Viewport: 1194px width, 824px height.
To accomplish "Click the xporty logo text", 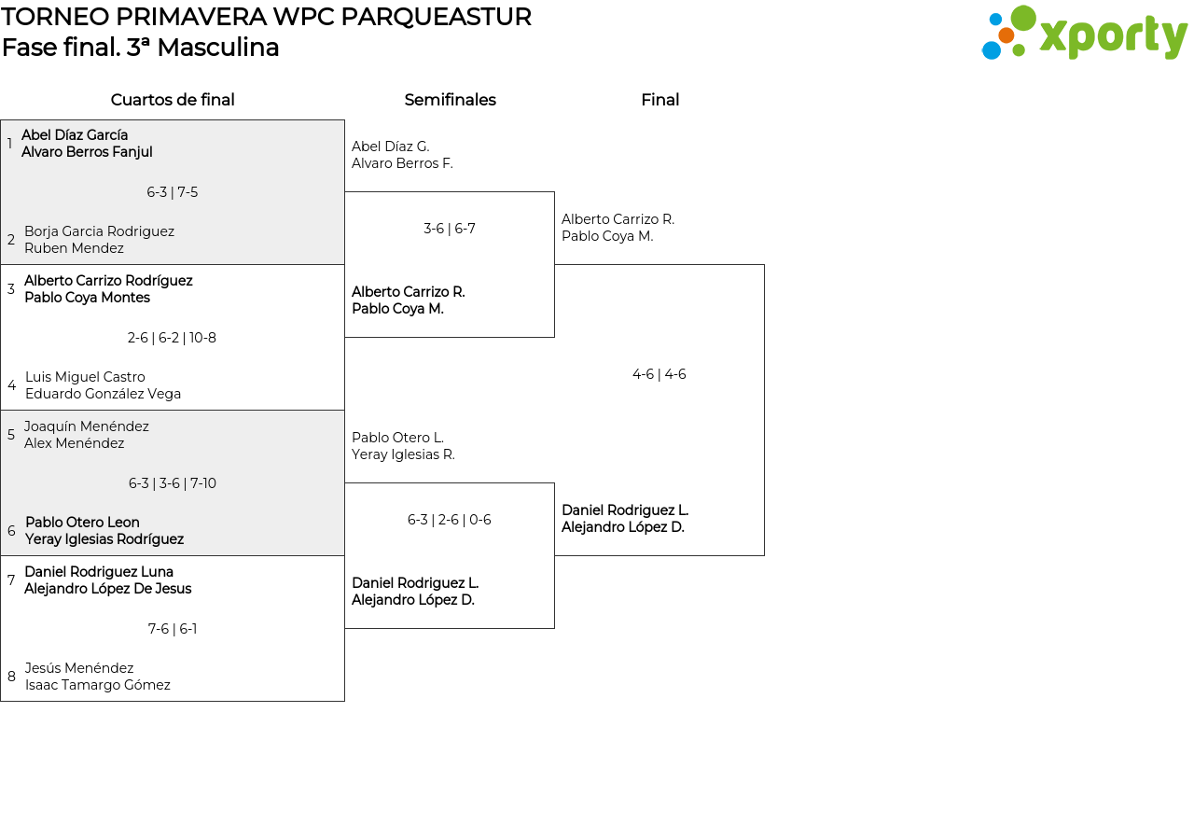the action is [x=1113, y=36].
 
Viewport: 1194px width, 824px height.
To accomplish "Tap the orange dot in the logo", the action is [x=1006, y=35].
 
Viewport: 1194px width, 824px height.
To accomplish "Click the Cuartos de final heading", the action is [x=173, y=100].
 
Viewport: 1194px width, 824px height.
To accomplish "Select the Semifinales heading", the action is [x=450, y=100].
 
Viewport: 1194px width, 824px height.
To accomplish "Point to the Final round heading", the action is [x=659, y=100].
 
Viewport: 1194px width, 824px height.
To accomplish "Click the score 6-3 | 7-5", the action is [x=173, y=192].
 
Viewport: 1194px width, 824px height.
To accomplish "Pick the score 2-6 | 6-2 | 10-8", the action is [x=172, y=338].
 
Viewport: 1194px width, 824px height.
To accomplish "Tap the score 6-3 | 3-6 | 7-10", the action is [x=173, y=483].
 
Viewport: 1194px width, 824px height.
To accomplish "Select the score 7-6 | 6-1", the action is [x=173, y=629].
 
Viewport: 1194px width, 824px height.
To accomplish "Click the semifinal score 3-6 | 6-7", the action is [x=450, y=229].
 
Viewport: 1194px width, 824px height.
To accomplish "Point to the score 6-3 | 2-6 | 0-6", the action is [x=450, y=520].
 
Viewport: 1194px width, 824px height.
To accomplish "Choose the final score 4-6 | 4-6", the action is [x=659, y=374].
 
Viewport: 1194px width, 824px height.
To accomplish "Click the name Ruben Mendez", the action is [x=74, y=248].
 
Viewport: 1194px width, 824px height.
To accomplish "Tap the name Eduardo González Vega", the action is [x=103, y=394].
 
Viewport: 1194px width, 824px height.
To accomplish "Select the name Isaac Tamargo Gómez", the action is [x=98, y=685].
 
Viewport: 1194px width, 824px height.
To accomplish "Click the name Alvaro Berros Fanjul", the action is [x=87, y=152].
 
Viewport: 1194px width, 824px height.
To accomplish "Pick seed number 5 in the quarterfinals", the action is [x=10, y=435].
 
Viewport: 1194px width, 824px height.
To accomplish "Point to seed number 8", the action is [x=11, y=677].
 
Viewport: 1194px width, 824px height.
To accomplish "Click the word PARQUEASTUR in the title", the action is [x=436, y=17].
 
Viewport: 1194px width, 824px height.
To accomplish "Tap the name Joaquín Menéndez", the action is [x=87, y=426].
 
